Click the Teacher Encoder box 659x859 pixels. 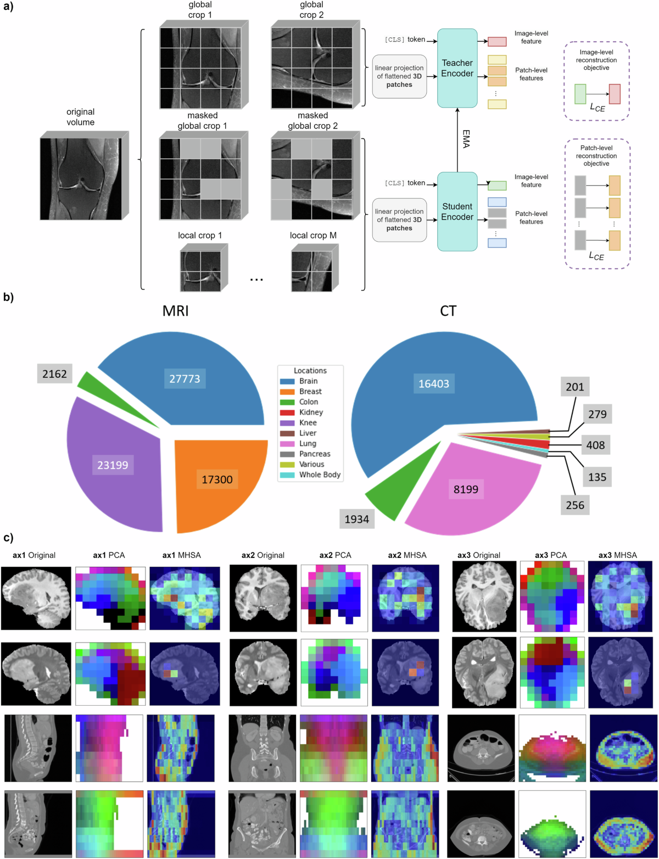[457, 68]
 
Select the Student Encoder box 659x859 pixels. [457, 211]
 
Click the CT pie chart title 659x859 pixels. [448, 311]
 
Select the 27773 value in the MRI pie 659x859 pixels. [185, 378]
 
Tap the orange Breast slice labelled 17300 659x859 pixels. [217, 479]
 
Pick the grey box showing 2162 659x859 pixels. [54, 374]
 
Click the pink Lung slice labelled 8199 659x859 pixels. [466, 489]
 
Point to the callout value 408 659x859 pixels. [595, 444]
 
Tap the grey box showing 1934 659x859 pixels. [356, 518]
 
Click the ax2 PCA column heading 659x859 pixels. [334, 555]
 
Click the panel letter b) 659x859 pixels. [8, 298]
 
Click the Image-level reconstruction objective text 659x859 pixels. [596, 60]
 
